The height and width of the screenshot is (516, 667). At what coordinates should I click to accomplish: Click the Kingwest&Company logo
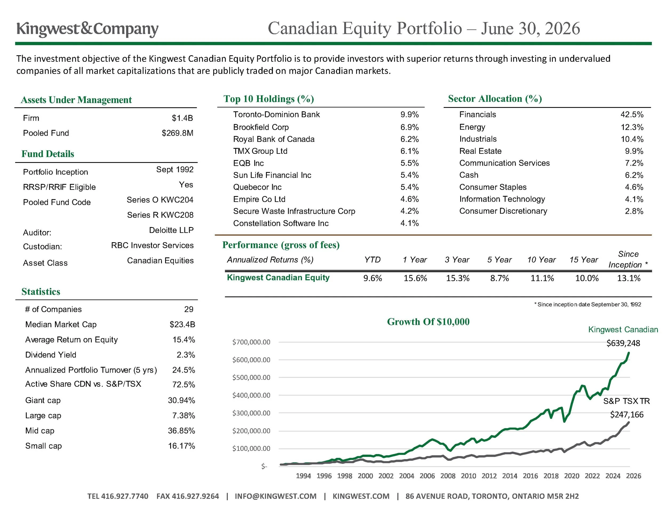point(87,29)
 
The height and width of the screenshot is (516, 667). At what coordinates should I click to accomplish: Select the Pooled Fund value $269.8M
point(177,133)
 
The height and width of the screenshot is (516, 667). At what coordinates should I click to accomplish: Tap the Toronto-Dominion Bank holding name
point(276,114)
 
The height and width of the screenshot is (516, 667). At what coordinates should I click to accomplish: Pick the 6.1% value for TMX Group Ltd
point(410,151)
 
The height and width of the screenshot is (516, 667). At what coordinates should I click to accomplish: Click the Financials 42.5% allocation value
point(632,114)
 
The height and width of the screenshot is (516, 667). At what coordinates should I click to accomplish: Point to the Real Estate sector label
point(481,151)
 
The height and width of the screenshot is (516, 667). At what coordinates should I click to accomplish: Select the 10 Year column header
point(542,260)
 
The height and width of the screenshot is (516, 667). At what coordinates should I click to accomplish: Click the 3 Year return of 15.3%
point(458,278)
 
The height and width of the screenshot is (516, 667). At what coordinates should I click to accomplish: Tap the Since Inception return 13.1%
point(629,278)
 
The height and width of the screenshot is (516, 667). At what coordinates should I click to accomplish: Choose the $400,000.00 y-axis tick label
point(251,395)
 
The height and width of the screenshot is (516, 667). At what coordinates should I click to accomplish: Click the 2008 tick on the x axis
point(448,476)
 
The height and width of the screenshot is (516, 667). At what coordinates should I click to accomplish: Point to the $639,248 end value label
point(623,343)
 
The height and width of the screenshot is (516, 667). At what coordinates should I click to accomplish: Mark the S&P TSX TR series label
point(626,401)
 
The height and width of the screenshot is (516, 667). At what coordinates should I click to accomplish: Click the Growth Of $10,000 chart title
point(428,322)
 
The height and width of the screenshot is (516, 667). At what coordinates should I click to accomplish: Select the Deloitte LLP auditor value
point(171,230)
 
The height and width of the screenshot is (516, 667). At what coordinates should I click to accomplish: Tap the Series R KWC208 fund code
point(160,215)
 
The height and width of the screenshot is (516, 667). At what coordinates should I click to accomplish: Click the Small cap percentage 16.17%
point(181,446)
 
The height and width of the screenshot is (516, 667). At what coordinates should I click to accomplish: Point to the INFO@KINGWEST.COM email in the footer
point(276,496)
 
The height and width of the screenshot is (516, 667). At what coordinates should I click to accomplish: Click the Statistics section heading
point(41,292)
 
